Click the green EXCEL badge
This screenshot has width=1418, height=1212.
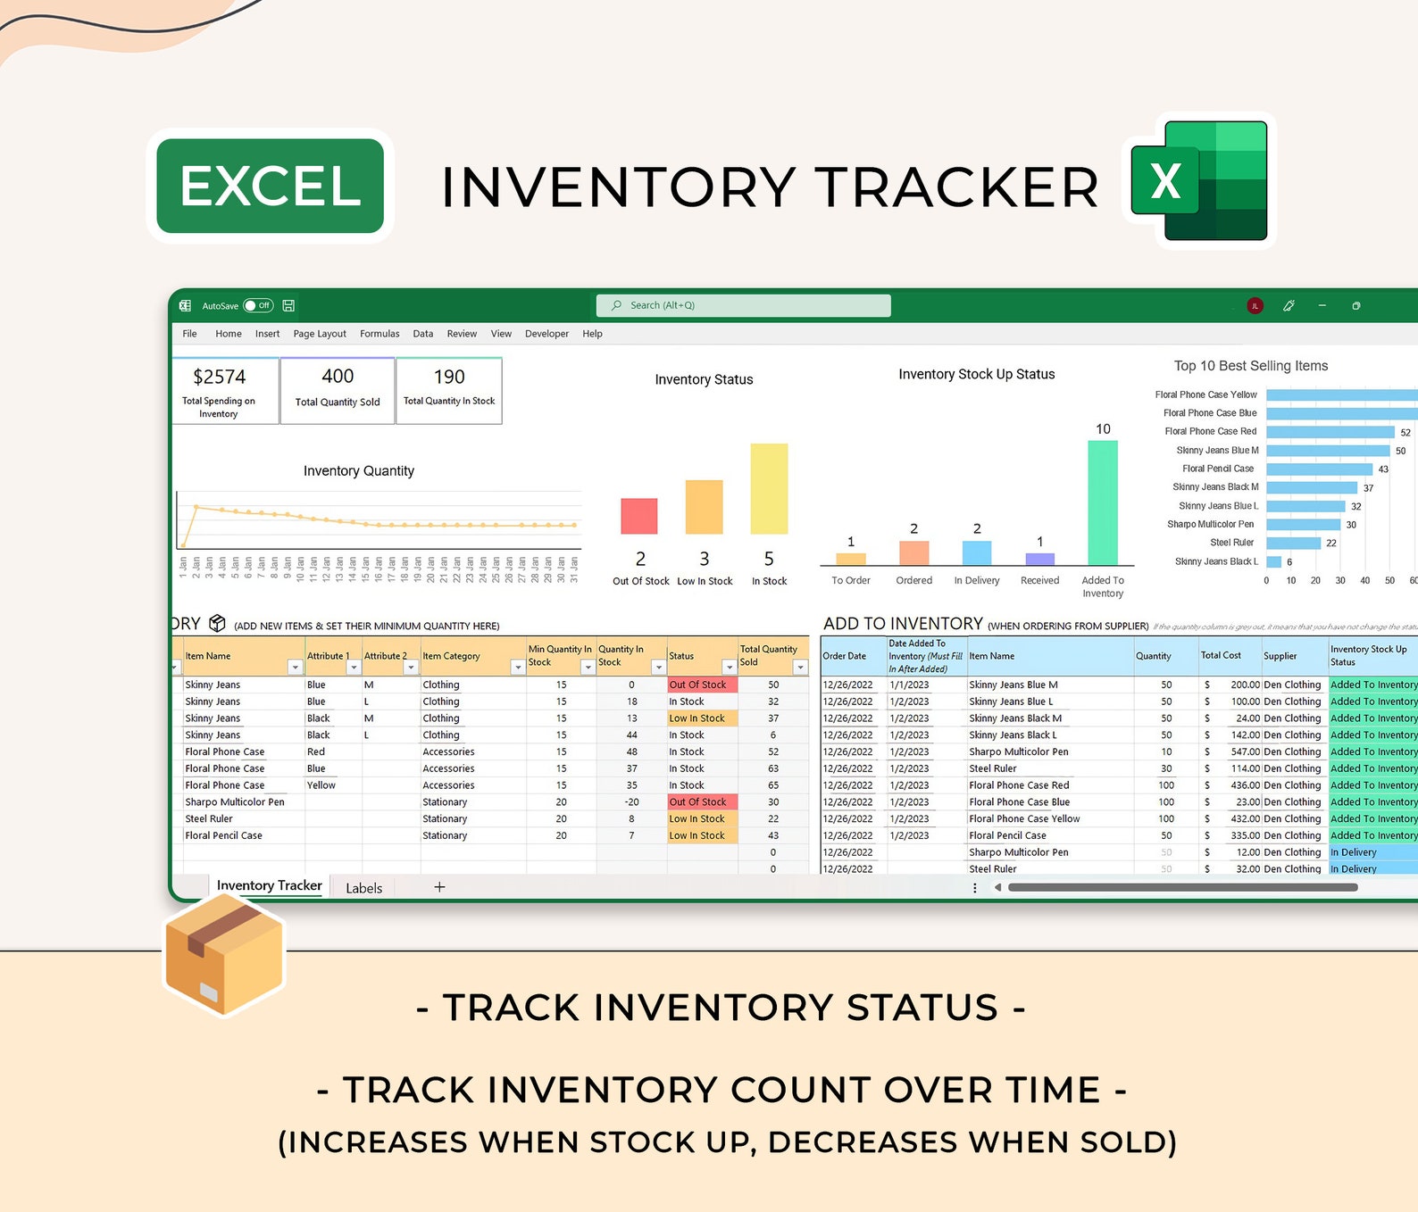tap(270, 186)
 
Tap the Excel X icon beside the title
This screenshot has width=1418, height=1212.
tap(1199, 181)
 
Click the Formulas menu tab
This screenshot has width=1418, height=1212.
tap(380, 334)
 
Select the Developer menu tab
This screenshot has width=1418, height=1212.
tap(546, 334)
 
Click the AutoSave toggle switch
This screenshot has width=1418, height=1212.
tap(258, 305)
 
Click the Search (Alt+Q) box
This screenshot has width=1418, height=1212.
tap(743, 305)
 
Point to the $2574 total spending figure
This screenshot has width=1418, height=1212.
tap(219, 377)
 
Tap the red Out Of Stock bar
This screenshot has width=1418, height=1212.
tap(639, 516)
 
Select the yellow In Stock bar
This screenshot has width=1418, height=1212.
tap(769, 488)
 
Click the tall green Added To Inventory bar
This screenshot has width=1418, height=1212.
tap(1103, 502)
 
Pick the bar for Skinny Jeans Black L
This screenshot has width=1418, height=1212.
tap(1273, 561)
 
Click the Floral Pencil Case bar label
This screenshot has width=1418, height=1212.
tap(1218, 469)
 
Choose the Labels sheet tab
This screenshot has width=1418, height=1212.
tap(363, 888)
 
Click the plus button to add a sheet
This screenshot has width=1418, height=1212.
tap(439, 887)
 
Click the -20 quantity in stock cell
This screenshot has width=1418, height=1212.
tap(631, 802)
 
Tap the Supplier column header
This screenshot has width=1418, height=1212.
tap(1280, 656)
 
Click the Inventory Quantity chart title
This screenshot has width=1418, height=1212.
tap(358, 471)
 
